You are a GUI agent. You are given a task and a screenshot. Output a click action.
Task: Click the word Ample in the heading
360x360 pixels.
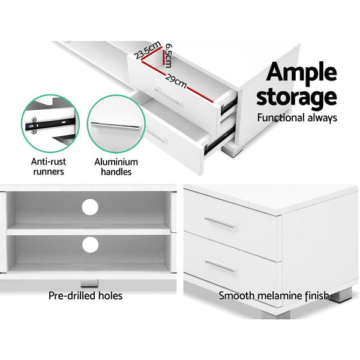point(301,71)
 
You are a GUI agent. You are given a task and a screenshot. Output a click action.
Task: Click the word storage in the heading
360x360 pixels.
point(296,96)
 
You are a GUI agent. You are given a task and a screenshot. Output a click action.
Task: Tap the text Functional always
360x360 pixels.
point(297,118)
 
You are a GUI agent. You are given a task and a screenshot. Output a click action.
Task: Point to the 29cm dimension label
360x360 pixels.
point(176,79)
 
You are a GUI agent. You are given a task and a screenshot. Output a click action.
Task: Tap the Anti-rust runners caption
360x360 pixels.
point(49,167)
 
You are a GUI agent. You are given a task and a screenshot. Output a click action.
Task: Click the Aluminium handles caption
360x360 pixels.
point(116,167)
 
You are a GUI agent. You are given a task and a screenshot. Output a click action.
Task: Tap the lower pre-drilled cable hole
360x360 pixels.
point(90,244)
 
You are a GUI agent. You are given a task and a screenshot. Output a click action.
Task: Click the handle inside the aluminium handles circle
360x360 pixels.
point(116,125)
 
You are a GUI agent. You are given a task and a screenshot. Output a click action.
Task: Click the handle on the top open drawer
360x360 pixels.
point(168,95)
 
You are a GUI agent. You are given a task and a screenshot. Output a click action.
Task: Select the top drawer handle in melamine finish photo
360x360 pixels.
point(220,223)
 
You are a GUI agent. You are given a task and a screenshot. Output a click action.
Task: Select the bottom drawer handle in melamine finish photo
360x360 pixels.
point(220,264)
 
